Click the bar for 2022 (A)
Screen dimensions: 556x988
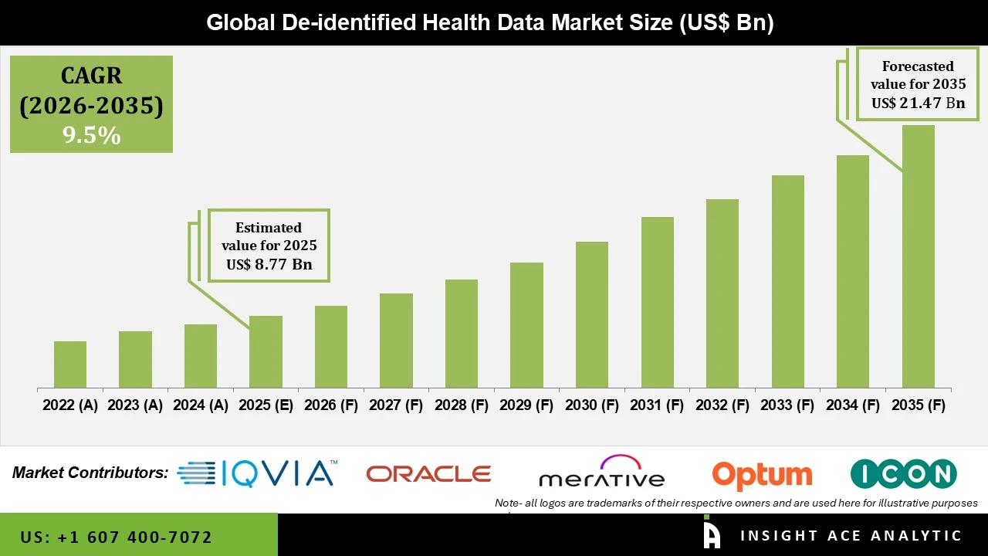[70, 364]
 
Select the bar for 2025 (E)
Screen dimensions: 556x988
[266, 351]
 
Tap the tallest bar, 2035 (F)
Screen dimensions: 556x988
[918, 256]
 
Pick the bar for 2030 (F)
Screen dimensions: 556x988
[592, 314]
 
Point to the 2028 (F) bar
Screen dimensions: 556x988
[462, 334]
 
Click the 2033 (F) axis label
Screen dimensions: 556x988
[788, 405]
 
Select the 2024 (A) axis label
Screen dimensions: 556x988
[201, 405]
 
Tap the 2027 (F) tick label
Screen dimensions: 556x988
[396, 405]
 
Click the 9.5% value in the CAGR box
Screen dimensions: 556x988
[91, 136]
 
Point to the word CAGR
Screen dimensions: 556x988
[91, 76]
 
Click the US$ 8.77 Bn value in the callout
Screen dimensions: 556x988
[269, 265]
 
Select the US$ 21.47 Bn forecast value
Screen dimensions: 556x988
[918, 103]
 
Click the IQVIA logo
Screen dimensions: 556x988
[257, 473]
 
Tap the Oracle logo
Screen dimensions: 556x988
[428, 473]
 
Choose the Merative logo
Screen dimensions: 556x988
[601, 473]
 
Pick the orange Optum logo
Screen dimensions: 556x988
[762, 474]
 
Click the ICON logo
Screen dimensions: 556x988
[903, 473]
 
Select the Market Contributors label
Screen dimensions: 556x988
[90, 473]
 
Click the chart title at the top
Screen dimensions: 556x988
[489, 22]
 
